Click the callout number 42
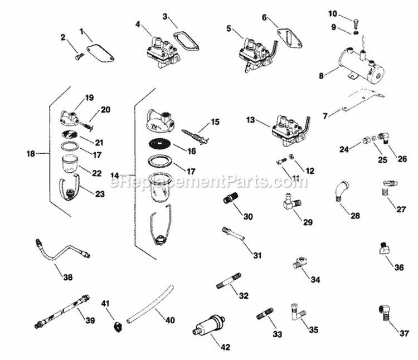[x=225, y=347]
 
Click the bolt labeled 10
[x=354, y=21]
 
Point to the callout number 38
[x=67, y=276]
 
